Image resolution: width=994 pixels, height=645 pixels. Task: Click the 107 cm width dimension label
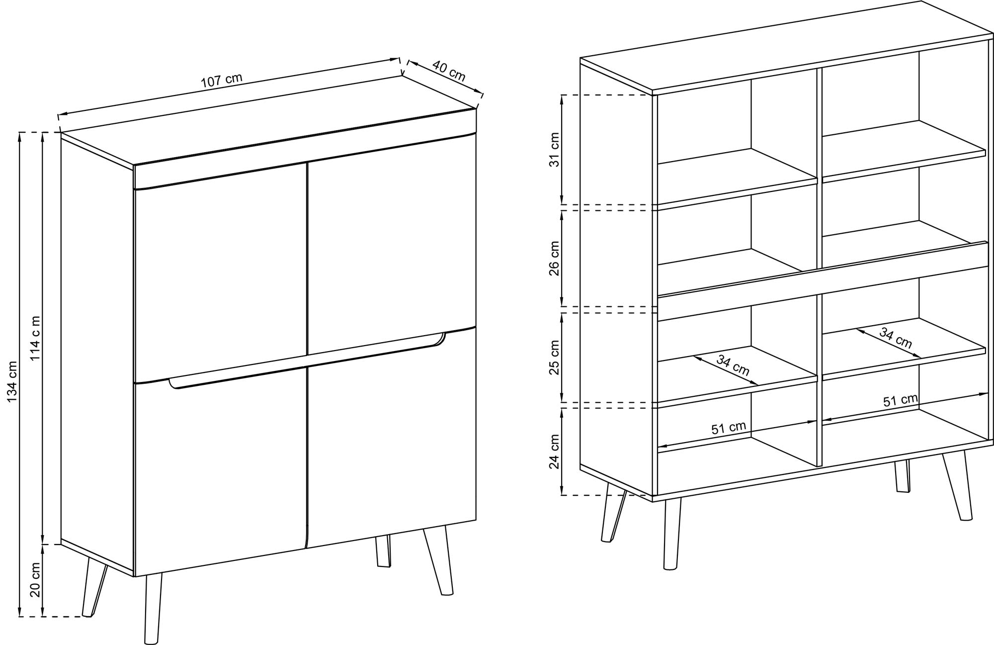(222, 81)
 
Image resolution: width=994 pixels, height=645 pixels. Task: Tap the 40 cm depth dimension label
(448, 71)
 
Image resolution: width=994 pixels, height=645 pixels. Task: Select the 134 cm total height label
(12, 382)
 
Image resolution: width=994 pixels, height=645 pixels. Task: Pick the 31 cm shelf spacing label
(555, 150)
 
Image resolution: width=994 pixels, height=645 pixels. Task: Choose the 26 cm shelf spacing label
(555, 258)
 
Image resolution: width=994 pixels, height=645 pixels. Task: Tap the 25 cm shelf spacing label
(555, 358)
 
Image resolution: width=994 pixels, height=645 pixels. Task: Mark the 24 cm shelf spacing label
(555, 452)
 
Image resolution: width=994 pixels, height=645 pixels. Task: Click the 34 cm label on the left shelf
(733, 366)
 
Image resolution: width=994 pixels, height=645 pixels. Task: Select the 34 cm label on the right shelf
(896, 338)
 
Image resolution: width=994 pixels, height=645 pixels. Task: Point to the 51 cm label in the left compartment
(729, 428)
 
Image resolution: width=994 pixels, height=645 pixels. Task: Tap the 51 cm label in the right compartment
(900, 400)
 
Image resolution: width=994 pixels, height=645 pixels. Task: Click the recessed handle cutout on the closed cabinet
(307, 361)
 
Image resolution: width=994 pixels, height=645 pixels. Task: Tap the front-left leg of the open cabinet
(671, 532)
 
